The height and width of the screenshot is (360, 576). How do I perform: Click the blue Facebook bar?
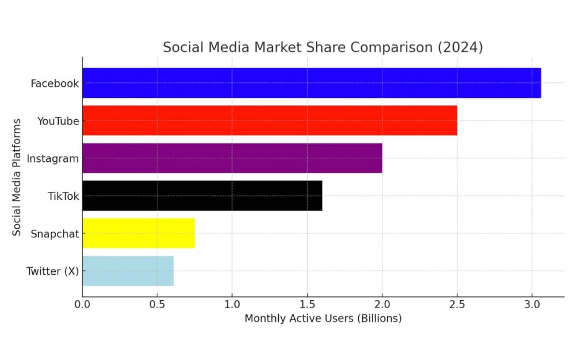pyautogui.click(x=311, y=83)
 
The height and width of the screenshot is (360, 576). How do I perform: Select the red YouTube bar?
pyautogui.click(x=270, y=120)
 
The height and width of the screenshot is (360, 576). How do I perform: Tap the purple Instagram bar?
pyautogui.click(x=232, y=158)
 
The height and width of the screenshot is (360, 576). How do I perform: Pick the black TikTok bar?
pyautogui.click(x=202, y=196)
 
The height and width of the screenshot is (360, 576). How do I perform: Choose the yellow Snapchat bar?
pyautogui.click(x=138, y=233)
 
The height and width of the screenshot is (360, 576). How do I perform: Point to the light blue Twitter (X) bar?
pyautogui.click(x=128, y=271)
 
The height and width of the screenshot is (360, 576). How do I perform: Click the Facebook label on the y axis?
pyautogui.click(x=55, y=84)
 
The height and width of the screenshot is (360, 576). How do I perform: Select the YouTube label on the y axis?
pyautogui.click(x=58, y=121)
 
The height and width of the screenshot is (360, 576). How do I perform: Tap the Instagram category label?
pyautogui.click(x=53, y=158)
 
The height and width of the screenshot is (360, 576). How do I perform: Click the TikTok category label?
pyautogui.click(x=63, y=196)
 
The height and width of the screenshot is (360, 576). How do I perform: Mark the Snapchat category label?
pyautogui.click(x=55, y=234)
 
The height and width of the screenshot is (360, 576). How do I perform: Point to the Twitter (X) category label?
pyautogui.click(x=52, y=271)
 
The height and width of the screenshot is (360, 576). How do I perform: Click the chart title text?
pyautogui.click(x=323, y=47)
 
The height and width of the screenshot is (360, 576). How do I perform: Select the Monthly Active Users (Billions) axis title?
pyautogui.click(x=323, y=319)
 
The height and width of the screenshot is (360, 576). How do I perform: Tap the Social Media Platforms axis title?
pyautogui.click(x=17, y=177)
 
